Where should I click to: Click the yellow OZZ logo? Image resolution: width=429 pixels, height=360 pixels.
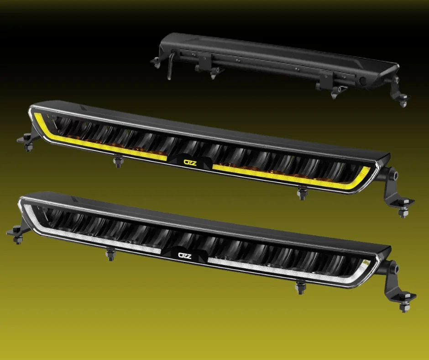click(x=190, y=163)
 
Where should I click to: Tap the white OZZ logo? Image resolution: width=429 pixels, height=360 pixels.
click(x=185, y=256)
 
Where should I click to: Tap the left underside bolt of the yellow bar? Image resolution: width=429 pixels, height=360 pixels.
click(x=118, y=161)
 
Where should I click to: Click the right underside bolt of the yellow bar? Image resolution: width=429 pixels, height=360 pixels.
click(x=302, y=193)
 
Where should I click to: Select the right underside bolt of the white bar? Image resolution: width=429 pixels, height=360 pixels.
click(x=300, y=287)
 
